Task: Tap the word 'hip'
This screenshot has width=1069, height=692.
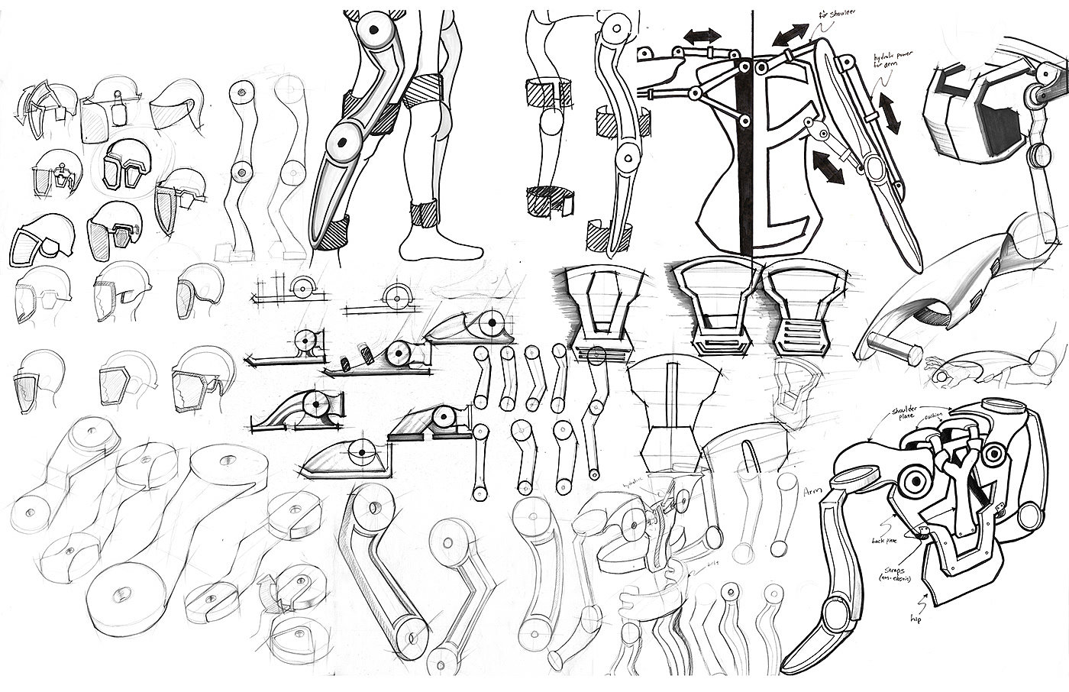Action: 916,618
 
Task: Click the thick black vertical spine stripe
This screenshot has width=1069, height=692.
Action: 745,153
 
